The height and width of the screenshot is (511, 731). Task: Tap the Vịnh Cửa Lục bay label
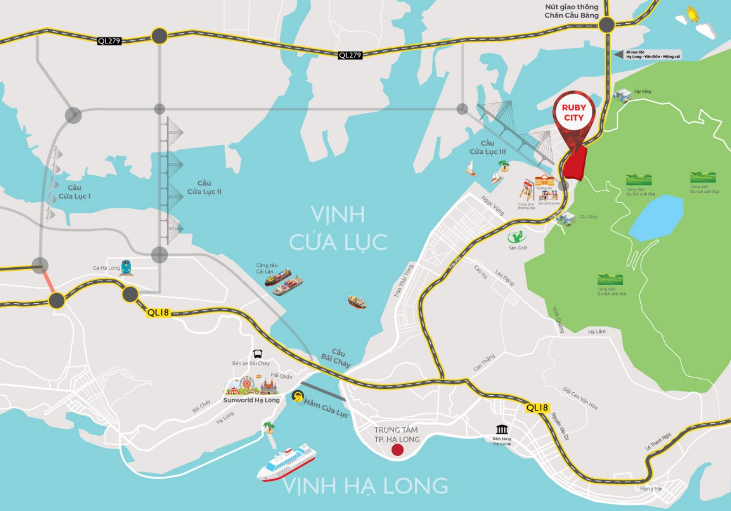(x=338, y=228)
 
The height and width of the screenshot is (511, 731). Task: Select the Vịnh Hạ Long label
(x=365, y=486)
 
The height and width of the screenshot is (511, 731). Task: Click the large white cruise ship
(x=287, y=463)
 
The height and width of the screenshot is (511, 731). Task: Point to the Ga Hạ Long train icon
(x=126, y=267)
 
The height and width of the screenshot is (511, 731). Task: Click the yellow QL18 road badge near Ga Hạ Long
(x=158, y=312)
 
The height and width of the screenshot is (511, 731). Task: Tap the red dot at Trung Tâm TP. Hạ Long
(x=397, y=450)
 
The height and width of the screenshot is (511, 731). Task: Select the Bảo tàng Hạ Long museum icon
(x=501, y=429)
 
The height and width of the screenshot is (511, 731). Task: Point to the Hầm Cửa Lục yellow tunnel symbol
(x=296, y=397)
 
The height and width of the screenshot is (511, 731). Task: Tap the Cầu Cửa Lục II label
(x=204, y=187)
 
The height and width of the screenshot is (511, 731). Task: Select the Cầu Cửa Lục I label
(x=75, y=192)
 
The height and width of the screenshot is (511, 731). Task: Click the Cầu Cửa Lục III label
(x=487, y=147)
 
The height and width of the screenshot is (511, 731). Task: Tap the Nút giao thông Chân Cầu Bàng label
(x=572, y=11)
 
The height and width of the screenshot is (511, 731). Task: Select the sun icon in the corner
(x=692, y=15)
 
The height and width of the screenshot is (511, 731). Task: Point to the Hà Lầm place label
(x=596, y=331)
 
